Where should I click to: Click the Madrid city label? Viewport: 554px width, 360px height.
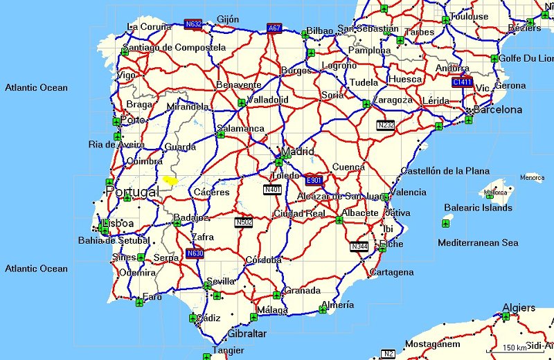(x=298, y=152)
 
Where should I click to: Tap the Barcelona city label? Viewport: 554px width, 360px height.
(x=498, y=109)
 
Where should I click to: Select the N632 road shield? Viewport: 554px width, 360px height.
(x=194, y=24)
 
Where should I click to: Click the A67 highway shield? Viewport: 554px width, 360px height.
(x=274, y=28)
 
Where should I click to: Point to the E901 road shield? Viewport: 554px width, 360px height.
(x=314, y=180)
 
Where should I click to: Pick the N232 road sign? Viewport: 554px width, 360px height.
(x=386, y=125)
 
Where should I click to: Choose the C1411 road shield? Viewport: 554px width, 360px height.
(x=462, y=82)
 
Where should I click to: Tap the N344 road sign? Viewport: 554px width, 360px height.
(x=359, y=246)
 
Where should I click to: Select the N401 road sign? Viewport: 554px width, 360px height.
(x=272, y=189)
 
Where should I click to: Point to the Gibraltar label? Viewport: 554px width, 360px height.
(x=247, y=334)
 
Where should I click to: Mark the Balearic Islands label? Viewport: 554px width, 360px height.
(x=478, y=208)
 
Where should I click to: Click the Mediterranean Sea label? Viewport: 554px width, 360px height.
(x=478, y=243)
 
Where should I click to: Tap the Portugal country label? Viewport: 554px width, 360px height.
(x=132, y=192)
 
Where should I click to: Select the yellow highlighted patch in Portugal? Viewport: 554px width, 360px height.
(x=170, y=180)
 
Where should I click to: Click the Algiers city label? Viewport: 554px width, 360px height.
(x=518, y=307)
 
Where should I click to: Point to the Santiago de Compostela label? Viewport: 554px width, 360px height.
(x=174, y=48)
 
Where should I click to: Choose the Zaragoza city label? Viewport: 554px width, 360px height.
(x=392, y=100)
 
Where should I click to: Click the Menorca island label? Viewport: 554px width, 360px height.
(x=532, y=178)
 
